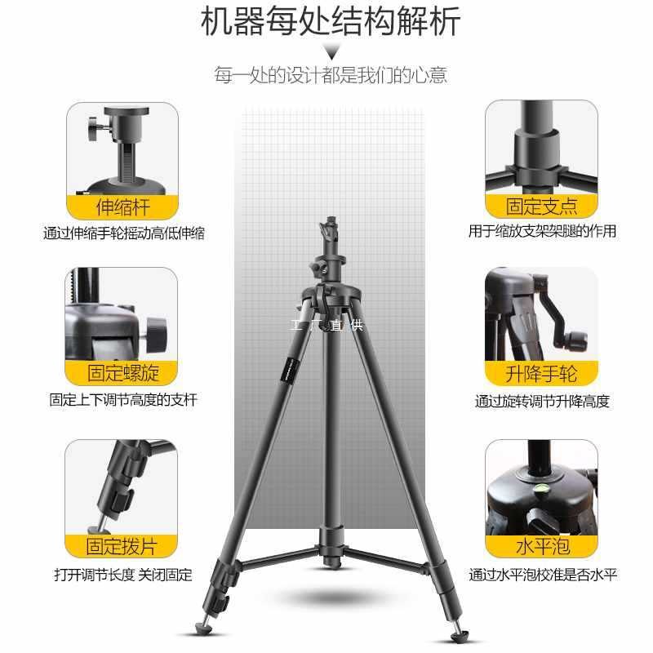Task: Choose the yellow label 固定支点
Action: [x=542, y=205]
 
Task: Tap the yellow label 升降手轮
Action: [x=542, y=374]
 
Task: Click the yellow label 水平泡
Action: [x=542, y=545]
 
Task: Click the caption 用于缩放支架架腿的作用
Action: [x=542, y=232]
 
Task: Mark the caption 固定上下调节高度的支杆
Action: [x=123, y=401]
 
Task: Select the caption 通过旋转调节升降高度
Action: [x=542, y=402]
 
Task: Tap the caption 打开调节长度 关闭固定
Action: [x=123, y=575]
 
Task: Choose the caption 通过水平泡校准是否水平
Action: [x=542, y=575]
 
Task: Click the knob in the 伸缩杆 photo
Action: [x=91, y=127]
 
